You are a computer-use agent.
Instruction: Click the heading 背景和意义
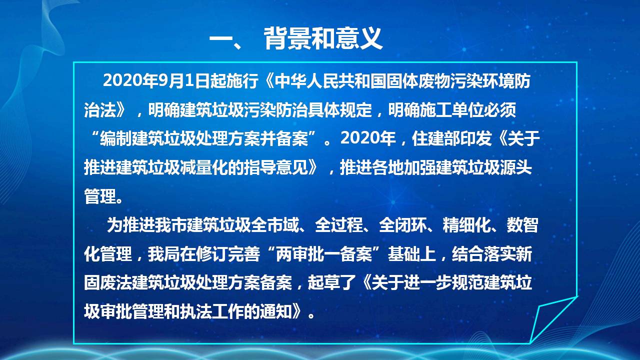tap(323, 38)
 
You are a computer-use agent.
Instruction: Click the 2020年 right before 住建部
tap(367, 138)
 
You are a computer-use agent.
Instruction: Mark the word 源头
tap(516, 167)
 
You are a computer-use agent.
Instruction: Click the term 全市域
tap(275, 225)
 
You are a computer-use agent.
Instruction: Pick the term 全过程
tap(339, 225)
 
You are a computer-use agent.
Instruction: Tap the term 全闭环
tap(403, 225)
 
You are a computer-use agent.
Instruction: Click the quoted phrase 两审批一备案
tap(323, 253)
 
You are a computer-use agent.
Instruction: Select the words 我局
tap(163, 253)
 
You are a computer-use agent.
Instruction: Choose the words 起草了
tap(331, 282)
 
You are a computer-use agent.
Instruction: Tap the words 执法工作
tap(212, 311)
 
